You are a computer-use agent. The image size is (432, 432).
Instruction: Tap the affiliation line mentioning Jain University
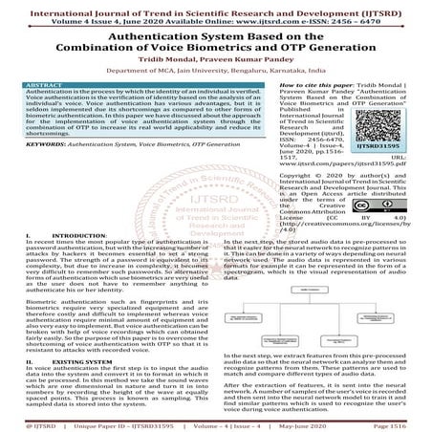coord(215,70)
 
